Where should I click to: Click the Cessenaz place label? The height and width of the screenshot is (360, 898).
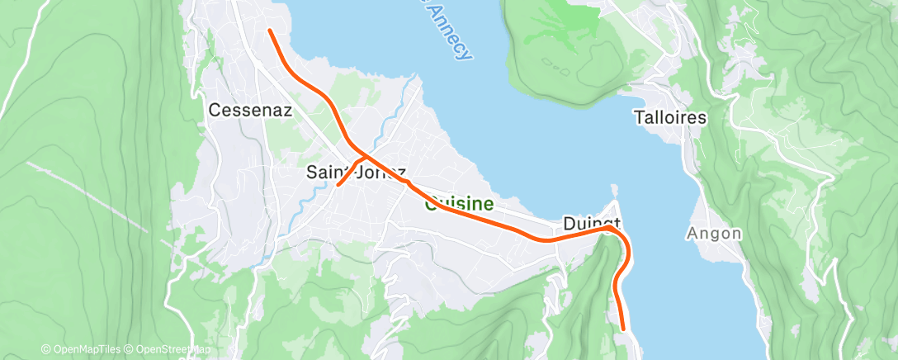(x=250, y=110)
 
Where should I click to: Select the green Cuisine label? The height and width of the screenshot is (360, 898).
(x=459, y=204)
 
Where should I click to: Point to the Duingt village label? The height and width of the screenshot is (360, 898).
(x=590, y=224)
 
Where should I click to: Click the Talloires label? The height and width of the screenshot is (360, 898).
(x=670, y=117)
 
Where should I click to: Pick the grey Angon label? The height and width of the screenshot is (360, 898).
(x=714, y=234)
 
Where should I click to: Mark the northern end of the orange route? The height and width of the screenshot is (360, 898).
(x=270, y=31)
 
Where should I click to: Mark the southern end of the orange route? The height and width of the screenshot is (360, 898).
(x=623, y=329)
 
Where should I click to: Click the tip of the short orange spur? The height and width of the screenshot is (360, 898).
(x=338, y=185)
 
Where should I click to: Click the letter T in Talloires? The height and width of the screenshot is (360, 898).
(x=638, y=117)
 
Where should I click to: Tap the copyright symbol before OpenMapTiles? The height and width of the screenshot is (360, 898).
(x=45, y=350)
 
